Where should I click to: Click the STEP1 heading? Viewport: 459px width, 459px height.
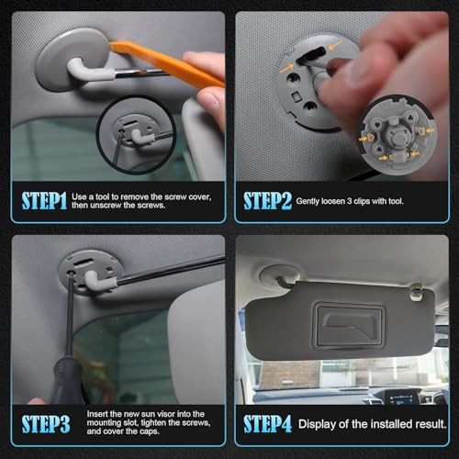tap(44, 201)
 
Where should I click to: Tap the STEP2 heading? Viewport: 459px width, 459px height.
tap(268, 201)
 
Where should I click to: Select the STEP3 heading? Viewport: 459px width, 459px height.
tap(46, 424)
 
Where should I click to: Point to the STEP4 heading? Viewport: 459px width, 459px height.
tap(268, 424)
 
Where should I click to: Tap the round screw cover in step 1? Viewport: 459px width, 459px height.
tap(73, 60)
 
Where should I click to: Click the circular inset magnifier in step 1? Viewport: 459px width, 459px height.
tap(137, 135)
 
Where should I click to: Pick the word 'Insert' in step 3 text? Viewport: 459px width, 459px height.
tap(97, 414)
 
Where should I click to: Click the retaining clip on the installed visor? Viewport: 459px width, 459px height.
tap(417, 292)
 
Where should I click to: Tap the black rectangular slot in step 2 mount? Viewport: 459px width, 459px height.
tap(311, 54)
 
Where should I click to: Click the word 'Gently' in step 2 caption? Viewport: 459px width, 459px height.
tap(308, 202)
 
